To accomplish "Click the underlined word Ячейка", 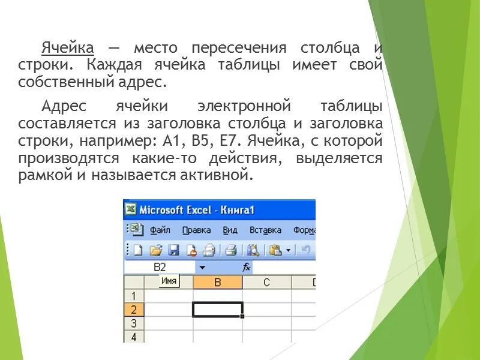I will (68, 47).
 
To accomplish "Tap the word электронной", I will (244, 107).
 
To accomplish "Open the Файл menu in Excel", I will (160, 230).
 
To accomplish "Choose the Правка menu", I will (196, 230).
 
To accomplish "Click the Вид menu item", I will (230, 230).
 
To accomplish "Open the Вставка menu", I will (265, 230).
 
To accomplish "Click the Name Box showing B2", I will (160, 267).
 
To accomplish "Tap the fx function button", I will (246, 267).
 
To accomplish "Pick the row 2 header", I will (134, 310).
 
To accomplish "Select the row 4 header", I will (134, 337).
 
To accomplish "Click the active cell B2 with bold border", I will (217, 310).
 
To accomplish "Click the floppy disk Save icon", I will (173, 250).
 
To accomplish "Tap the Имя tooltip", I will (169, 281).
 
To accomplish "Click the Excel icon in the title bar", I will (131, 209).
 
